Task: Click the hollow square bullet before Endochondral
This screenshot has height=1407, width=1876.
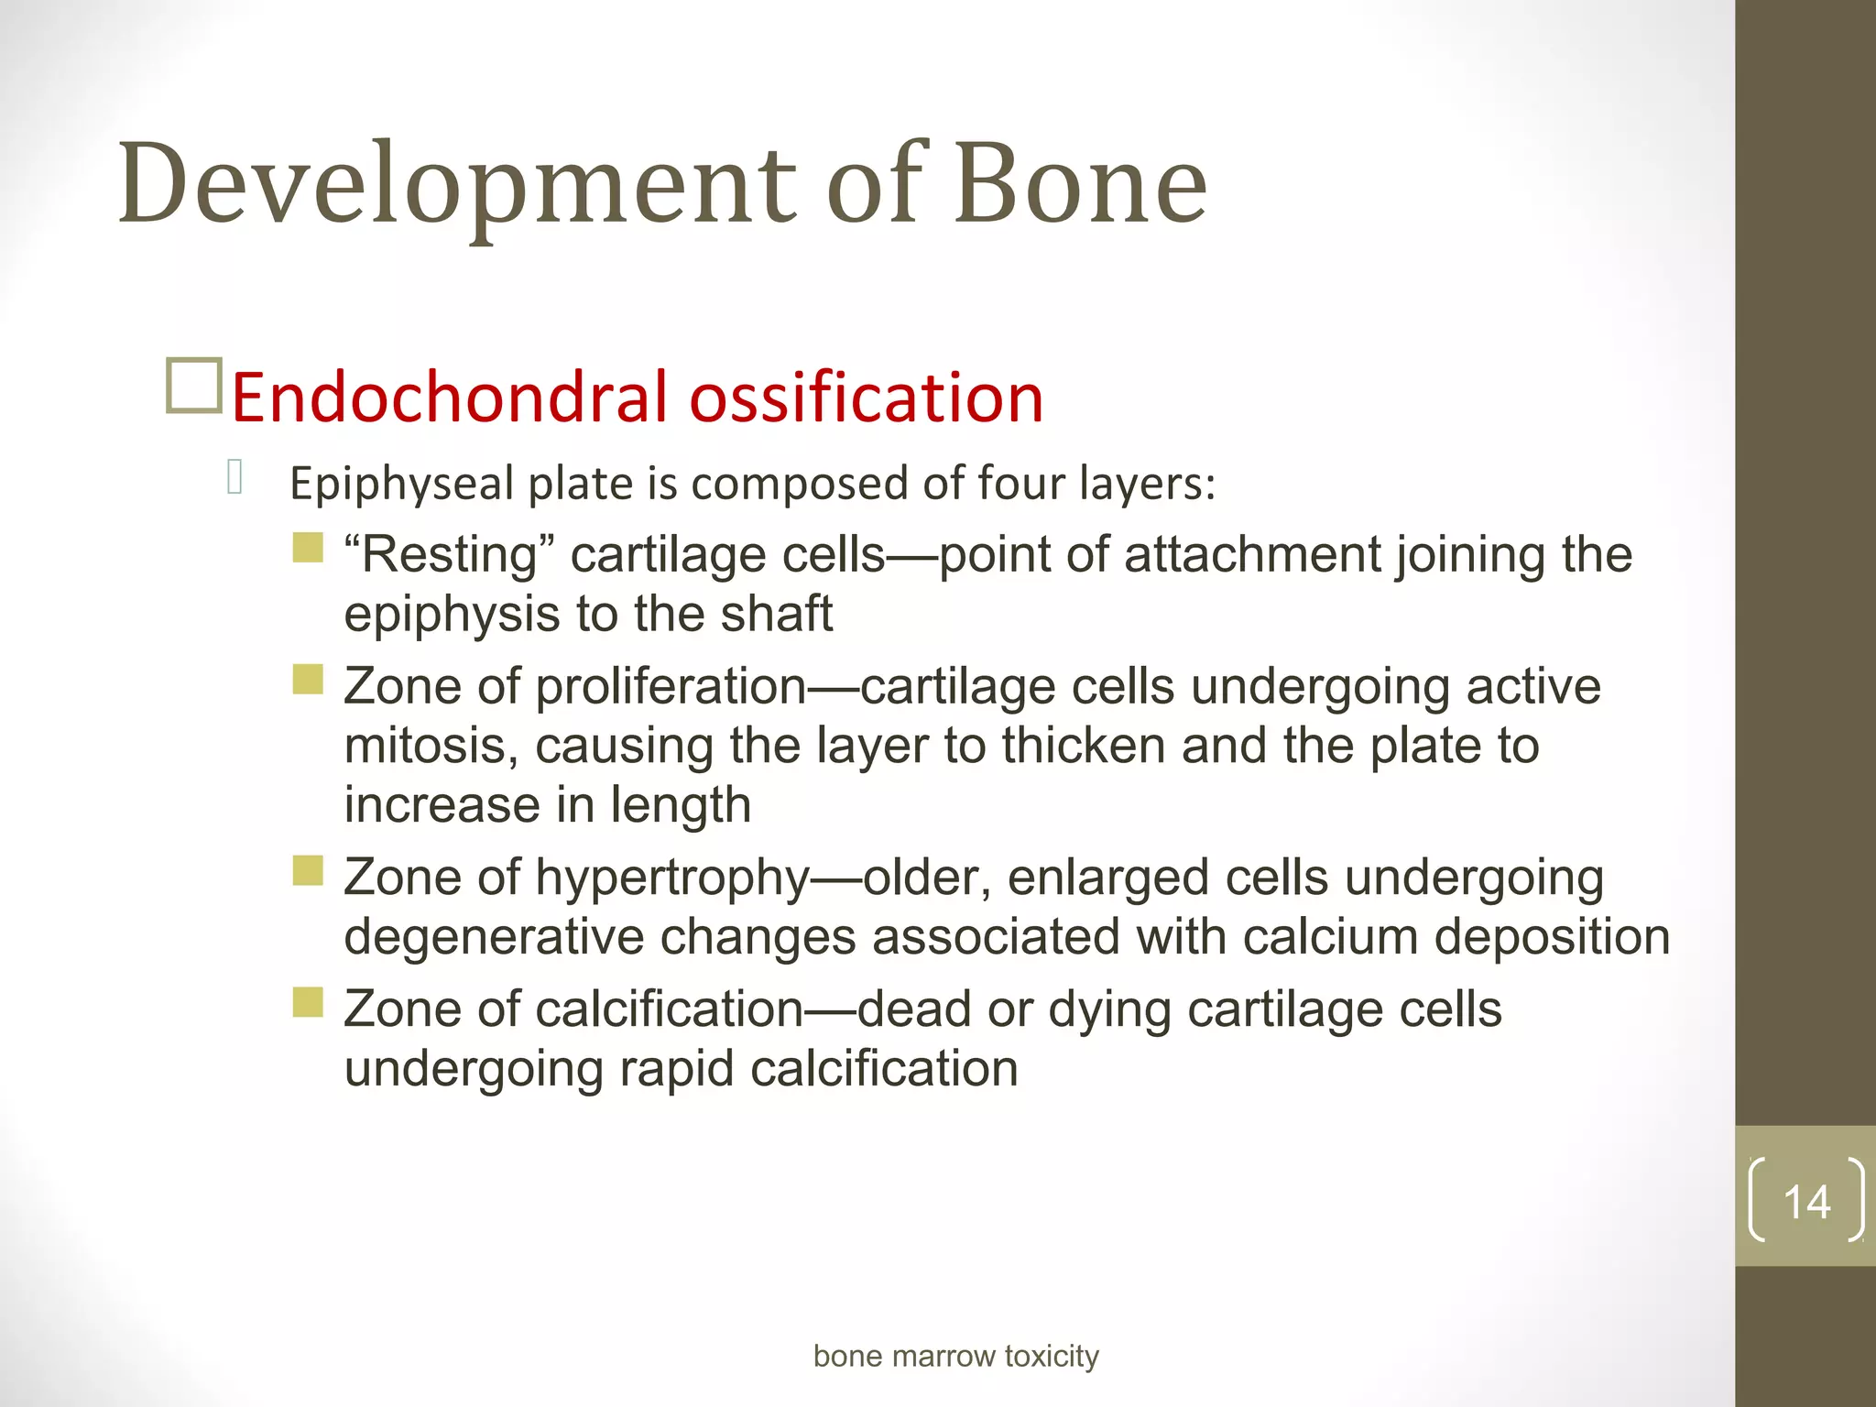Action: point(194,386)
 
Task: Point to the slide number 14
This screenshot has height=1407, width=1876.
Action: point(1806,1201)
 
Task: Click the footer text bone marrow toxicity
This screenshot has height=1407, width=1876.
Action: point(955,1356)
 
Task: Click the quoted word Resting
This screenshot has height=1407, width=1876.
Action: point(449,555)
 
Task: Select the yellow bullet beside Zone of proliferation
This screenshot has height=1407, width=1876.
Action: point(308,680)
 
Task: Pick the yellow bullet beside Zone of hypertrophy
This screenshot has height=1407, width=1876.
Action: point(308,870)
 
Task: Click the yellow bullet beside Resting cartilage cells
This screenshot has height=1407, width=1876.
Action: point(308,548)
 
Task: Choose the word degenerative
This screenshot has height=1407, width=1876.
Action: point(493,938)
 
